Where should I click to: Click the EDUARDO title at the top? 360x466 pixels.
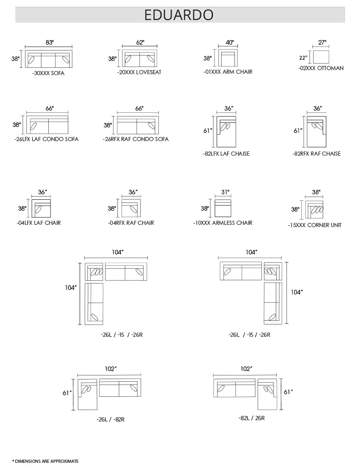[179, 15]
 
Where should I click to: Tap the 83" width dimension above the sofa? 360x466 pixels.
[50, 42]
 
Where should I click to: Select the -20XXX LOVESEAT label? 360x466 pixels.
[139, 72]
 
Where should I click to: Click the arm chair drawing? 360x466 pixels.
[228, 58]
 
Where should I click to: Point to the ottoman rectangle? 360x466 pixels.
[321, 57]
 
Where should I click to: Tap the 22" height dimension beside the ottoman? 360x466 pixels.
[303, 58]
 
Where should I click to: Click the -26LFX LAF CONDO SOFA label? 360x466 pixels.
[46, 139]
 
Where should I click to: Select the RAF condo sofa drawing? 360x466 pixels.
[137, 125]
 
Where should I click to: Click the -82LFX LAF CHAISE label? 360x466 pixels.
[226, 154]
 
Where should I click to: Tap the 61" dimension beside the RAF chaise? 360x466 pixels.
[298, 131]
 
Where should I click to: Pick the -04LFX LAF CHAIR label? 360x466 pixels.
[39, 223]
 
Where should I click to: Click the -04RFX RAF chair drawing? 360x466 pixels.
[131, 208]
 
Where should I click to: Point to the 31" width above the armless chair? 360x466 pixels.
[225, 192]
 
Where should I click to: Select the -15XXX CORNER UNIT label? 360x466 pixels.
[314, 225]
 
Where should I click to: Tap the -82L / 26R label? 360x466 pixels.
[252, 418]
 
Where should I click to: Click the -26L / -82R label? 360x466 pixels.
[110, 420]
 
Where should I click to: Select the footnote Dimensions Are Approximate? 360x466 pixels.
[45, 461]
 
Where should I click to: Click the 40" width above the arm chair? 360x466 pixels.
[229, 42]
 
